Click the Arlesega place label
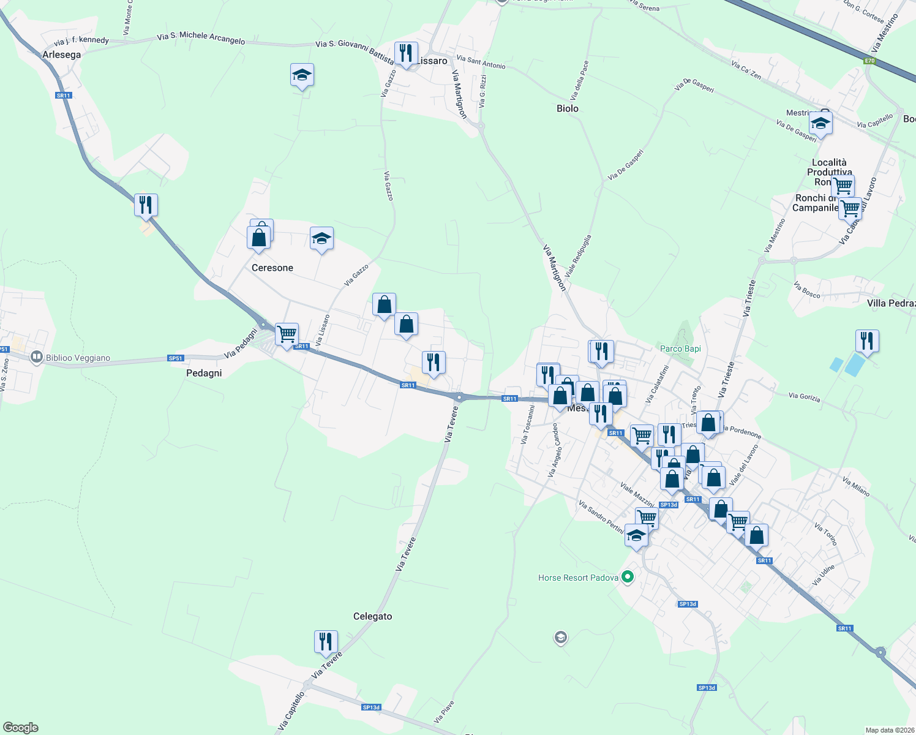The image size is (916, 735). pyautogui.click(x=61, y=55)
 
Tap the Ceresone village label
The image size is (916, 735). pyautogui.click(x=272, y=268)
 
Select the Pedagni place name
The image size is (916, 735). pyautogui.click(x=204, y=373)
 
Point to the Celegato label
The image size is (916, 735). pyautogui.click(x=372, y=616)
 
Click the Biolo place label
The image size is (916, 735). pyautogui.click(x=568, y=108)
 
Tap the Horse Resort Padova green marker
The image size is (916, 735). pyautogui.click(x=627, y=577)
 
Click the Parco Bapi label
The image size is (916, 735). pyautogui.click(x=680, y=349)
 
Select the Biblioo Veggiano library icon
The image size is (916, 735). pyautogui.click(x=37, y=357)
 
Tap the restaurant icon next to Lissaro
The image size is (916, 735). pyautogui.click(x=406, y=53)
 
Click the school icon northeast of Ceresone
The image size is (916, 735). pyautogui.click(x=321, y=238)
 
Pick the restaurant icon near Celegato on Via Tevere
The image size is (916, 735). pyautogui.click(x=326, y=641)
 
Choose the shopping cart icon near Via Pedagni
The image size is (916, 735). pyautogui.click(x=287, y=334)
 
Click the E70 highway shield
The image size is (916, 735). pyautogui.click(x=869, y=61)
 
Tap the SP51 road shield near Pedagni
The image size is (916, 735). pyautogui.click(x=175, y=358)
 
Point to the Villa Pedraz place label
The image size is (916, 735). pyautogui.click(x=891, y=303)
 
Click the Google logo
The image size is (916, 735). pyautogui.click(x=21, y=728)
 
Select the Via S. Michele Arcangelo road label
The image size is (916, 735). pyautogui.click(x=201, y=38)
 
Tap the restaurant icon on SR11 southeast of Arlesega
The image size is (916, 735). pyautogui.click(x=146, y=205)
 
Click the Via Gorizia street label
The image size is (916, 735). pyautogui.click(x=804, y=397)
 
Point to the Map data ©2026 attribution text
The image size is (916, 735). pyautogui.click(x=890, y=730)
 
